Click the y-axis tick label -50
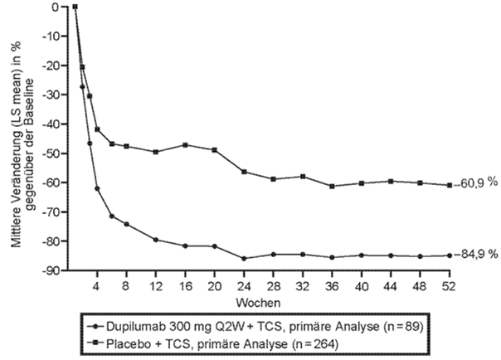[x=57, y=153]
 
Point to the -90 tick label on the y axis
[x=57, y=271]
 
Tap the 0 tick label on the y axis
[x=63, y=7]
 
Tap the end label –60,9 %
[x=476, y=184]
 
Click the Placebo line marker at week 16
[x=185, y=145]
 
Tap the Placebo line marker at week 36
[x=332, y=186]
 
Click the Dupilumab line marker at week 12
[x=156, y=240]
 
